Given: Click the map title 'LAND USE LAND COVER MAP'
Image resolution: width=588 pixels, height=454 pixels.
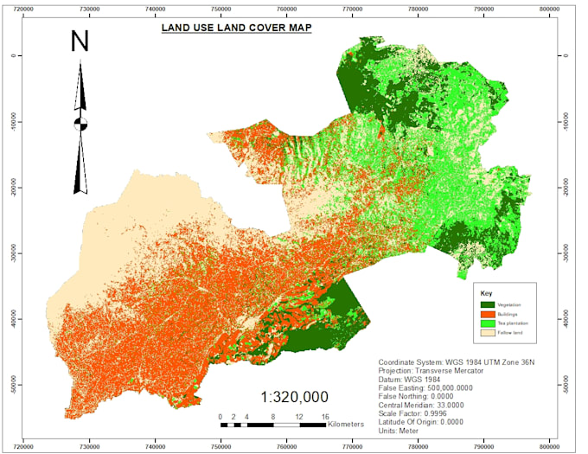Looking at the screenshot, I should (237, 28).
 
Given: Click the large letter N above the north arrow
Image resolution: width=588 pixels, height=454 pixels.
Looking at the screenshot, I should (80, 42).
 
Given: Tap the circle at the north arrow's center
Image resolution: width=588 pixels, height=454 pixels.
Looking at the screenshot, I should (80, 123).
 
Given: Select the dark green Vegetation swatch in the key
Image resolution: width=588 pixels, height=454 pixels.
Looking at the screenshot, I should (488, 304).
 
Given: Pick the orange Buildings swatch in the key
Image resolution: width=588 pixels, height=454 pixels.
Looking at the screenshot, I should (488, 314).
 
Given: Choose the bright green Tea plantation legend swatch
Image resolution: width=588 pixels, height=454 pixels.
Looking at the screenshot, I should (488, 323).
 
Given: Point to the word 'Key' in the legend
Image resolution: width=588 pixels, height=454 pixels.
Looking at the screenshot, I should (485, 293).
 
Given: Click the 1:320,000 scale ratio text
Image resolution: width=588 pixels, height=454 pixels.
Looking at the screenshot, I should (294, 397).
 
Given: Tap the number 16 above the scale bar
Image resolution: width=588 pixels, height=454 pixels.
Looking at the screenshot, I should (325, 417).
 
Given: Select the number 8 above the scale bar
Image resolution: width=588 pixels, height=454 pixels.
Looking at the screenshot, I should (273, 417).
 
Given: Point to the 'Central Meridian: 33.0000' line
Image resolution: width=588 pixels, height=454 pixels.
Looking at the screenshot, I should (420, 405).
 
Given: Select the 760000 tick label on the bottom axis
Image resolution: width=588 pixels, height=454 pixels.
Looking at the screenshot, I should (287, 447).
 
